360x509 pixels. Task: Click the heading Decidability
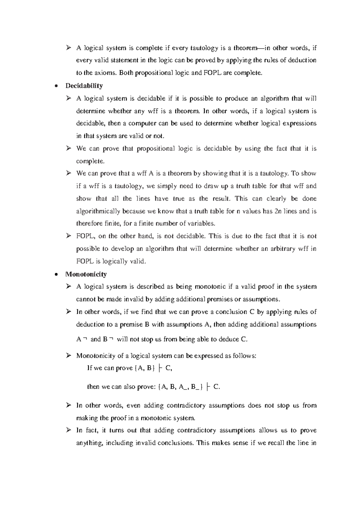tap(84, 86)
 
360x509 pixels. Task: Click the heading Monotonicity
tap(86, 274)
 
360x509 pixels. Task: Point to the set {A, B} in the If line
tap(145, 368)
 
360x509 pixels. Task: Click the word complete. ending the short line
tap(90, 161)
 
